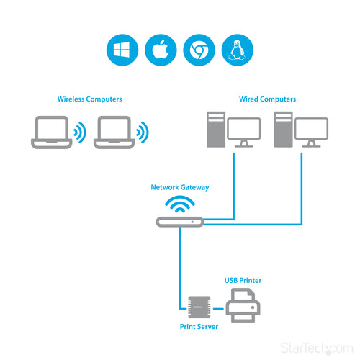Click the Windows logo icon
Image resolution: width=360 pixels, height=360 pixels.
click(121, 50)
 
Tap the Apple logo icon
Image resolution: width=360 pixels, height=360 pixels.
click(159, 50)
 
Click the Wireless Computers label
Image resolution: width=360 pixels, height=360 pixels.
click(89, 99)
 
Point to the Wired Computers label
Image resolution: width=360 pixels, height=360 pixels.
click(267, 99)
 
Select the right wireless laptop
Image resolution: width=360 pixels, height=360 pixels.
click(115, 132)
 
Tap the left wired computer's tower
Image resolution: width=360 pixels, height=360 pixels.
click(215, 130)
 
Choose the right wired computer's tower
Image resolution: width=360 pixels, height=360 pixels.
click(284, 130)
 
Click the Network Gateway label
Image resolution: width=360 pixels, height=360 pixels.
click(179, 187)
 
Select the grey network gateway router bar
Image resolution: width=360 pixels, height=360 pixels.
click(179, 222)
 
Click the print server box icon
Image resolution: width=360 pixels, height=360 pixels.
click(199, 307)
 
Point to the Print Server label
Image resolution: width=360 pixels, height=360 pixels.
click(198, 326)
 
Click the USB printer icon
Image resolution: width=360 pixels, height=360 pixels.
click(243, 305)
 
